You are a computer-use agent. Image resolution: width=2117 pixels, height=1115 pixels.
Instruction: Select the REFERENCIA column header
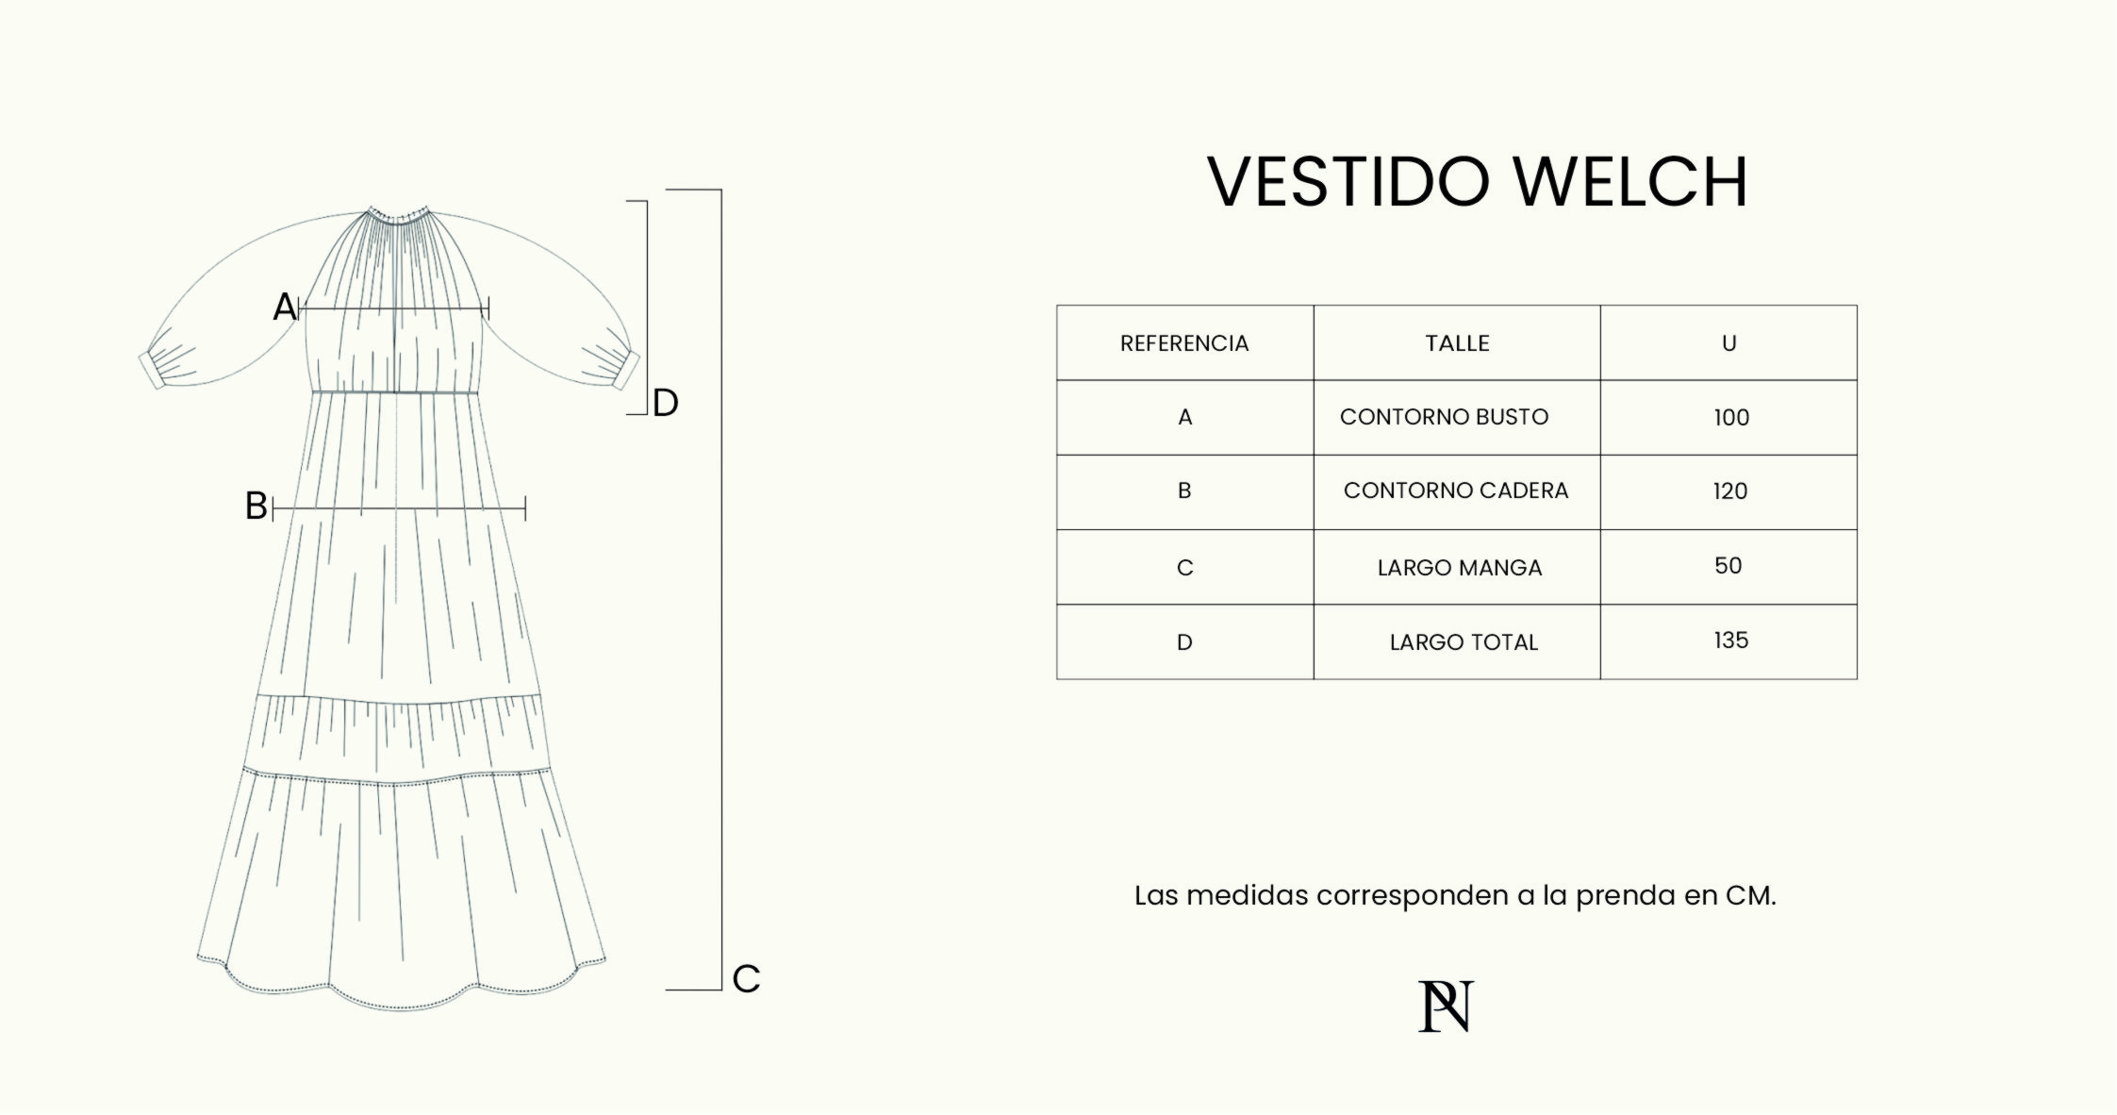[1184, 343]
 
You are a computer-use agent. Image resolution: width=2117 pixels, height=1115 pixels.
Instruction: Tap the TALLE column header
[1457, 343]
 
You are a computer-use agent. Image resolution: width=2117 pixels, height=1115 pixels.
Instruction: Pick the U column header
[1728, 343]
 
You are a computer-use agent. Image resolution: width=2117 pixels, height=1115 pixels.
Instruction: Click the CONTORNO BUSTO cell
[1444, 417]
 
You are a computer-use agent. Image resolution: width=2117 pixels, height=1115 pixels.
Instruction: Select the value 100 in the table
[1731, 418]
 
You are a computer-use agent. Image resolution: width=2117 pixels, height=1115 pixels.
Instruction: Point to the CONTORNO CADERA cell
[1456, 491]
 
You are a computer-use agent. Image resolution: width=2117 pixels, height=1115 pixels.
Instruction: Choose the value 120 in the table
[1730, 491]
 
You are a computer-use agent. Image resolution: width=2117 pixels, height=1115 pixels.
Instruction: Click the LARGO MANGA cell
[1460, 568]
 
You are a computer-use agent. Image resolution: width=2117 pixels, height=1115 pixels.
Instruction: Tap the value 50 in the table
[1728, 566]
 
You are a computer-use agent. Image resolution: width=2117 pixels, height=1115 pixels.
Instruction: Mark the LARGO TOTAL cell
[1464, 642]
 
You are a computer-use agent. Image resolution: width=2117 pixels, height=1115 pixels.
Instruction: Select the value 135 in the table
[1731, 641]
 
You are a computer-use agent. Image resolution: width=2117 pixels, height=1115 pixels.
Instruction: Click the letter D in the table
[1184, 642]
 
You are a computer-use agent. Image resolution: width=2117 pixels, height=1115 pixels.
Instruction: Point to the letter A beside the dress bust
[285, 307]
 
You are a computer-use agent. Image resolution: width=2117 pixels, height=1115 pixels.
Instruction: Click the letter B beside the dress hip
[256, 507]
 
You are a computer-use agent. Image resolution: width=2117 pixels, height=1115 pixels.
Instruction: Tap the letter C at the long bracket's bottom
[746, 979]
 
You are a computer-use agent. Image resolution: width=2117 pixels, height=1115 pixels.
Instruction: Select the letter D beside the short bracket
[666, 404]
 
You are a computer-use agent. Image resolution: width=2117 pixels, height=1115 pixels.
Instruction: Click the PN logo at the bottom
[1446, 1007]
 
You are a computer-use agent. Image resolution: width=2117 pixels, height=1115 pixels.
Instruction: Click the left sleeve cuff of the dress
[151, 369]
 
